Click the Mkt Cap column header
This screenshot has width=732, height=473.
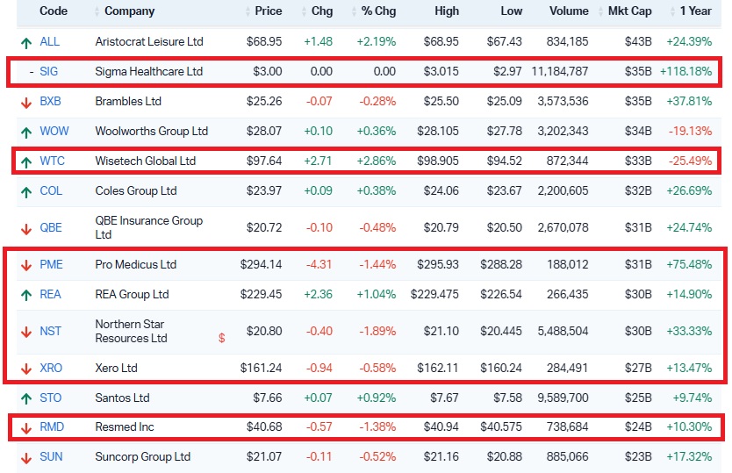point(631,11)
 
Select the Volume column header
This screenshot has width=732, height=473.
point(569,11)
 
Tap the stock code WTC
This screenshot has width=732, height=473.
point(53,161)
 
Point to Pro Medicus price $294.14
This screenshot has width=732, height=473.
point(262,265)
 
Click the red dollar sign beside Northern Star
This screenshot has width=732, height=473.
point(222,338)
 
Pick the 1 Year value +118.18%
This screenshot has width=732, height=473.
point(689,72)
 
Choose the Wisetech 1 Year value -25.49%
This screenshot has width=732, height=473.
point(691,161)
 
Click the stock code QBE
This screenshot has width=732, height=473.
point(51,228)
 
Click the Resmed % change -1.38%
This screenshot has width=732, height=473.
point(376,428)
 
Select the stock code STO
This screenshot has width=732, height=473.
point(51,398)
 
